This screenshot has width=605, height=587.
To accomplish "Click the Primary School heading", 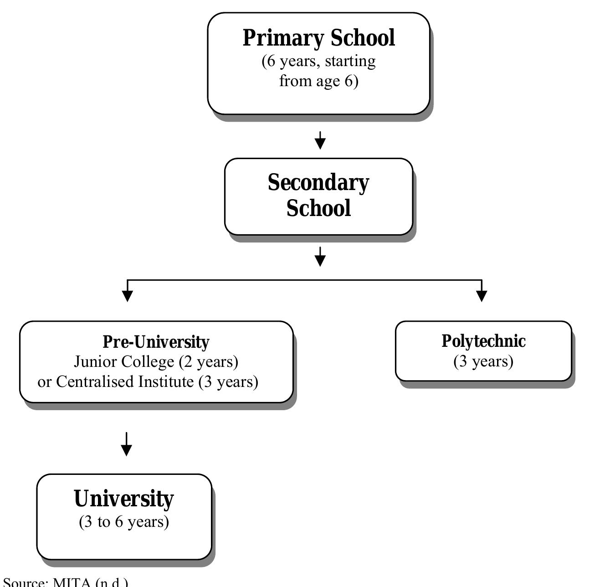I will tap(318, 38).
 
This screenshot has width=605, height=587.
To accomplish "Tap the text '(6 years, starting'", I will tap(318, 61).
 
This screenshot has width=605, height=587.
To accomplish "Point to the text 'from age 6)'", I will tap(318, 81).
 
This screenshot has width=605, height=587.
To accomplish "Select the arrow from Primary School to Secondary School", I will tap(320, 140).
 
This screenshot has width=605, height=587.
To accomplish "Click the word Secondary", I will tap(318, 183).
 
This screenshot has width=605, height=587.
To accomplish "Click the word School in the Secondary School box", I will tap(318, 208).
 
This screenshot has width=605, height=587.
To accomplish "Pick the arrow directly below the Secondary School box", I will tap(320, 257).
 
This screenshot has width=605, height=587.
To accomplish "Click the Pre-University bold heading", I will tap(156, 342).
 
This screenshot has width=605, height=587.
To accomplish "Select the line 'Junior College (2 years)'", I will tap(156, 361).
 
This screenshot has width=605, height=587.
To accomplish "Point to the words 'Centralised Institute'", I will tap(126, 381).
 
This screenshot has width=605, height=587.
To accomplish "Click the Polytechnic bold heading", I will tap(483, 341).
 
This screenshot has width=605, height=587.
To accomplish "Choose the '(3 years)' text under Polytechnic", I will tap(483, 361).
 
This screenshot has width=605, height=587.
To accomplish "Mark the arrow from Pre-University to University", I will tap(126, 444).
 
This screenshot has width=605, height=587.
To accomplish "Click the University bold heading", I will tap(124, 499).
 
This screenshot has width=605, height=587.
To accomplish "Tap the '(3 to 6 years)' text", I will tap(124, 521).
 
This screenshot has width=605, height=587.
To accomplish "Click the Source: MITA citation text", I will tap(66, 582).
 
